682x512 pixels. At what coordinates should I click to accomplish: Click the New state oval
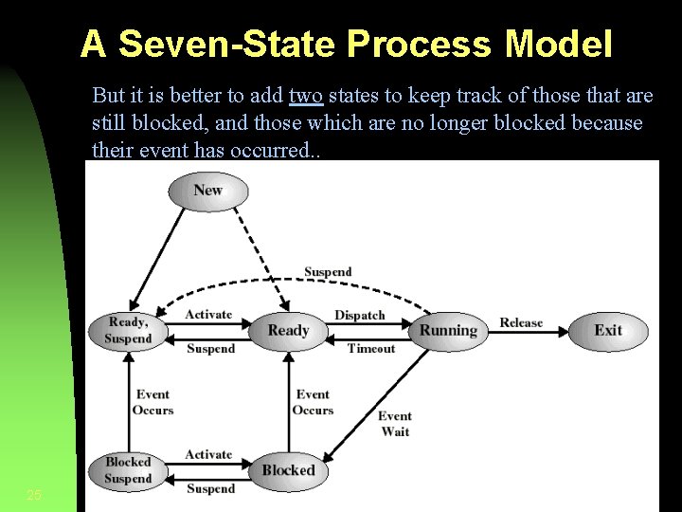(x=207, y=191)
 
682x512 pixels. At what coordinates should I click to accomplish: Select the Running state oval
(x=447, y=330)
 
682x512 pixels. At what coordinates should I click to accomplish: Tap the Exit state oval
(x=608, y=330)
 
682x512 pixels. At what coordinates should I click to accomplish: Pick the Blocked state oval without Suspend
(x=288, y=469)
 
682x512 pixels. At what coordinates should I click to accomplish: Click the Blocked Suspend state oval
(x=128, y=470)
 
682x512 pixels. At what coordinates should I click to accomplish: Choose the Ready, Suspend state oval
(x=128, y=330)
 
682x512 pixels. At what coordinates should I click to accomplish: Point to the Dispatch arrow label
(x=360, y=315)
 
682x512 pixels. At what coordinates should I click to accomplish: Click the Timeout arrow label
(x=371, y=348)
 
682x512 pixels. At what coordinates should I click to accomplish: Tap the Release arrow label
(x=521, y=322)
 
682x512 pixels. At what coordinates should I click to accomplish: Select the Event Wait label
(x=395, y=423)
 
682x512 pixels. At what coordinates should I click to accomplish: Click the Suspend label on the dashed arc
(x=328, y=272)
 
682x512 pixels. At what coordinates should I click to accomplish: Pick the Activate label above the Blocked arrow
(x=208, y=454)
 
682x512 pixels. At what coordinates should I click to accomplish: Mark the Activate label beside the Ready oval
(x=208, y=314)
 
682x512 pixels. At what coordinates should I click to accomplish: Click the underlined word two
(x=305, y=97)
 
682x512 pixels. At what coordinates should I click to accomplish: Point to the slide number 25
(x=34, y=495)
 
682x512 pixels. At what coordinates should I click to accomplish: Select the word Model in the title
(x=560, y=43)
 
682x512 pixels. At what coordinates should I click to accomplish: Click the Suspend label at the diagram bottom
(x=210, y=489)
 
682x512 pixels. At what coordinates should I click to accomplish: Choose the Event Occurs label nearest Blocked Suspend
(x=153, y=402)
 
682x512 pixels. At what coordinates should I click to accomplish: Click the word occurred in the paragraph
(x=276, y=150)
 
